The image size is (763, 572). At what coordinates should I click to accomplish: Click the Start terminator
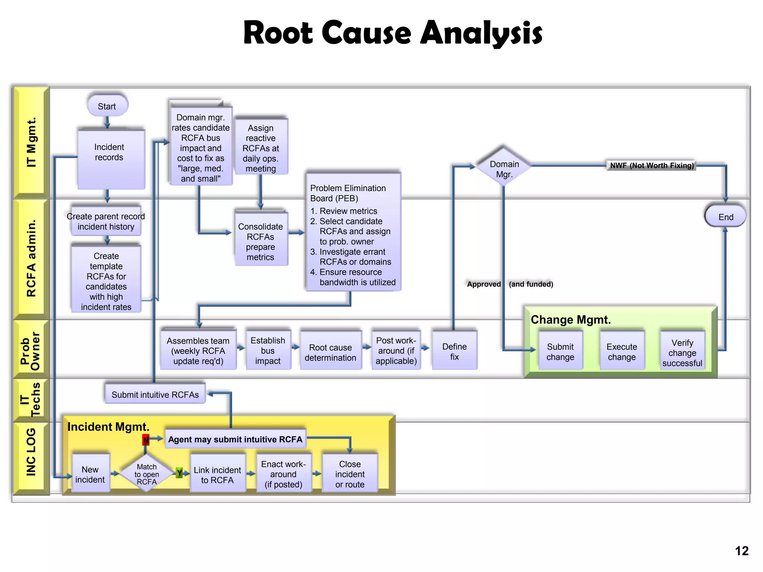pos(107,106)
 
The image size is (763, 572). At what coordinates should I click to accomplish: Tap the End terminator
pos(725,216)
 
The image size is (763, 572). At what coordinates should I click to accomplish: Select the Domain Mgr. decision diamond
pos(504,168)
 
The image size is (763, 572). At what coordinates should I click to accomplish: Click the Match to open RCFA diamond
pos(146,474)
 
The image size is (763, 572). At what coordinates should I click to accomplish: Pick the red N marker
pos(146,440)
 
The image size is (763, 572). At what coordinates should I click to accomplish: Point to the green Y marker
pos(179,473)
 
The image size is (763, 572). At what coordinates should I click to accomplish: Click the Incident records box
pos(110,158)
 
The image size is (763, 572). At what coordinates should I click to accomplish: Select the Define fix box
pos(454,351)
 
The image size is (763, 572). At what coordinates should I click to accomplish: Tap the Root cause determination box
pos(330,352)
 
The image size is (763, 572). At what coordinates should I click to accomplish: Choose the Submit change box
pos(560,351)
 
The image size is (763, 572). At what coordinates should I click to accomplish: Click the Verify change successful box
pos(682,352)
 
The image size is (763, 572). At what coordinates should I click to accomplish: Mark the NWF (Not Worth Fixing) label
pos(651,165)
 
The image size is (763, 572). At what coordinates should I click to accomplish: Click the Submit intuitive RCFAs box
pos(155,394)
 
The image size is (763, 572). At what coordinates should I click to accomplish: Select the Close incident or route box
pos(349,474)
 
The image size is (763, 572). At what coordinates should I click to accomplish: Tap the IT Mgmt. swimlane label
pos(31,142)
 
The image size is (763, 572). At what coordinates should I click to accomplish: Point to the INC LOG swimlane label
pos(31,452)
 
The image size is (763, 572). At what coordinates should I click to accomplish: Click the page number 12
pos(741,550)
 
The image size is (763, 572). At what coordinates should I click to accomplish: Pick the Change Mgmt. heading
pos(570,320)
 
